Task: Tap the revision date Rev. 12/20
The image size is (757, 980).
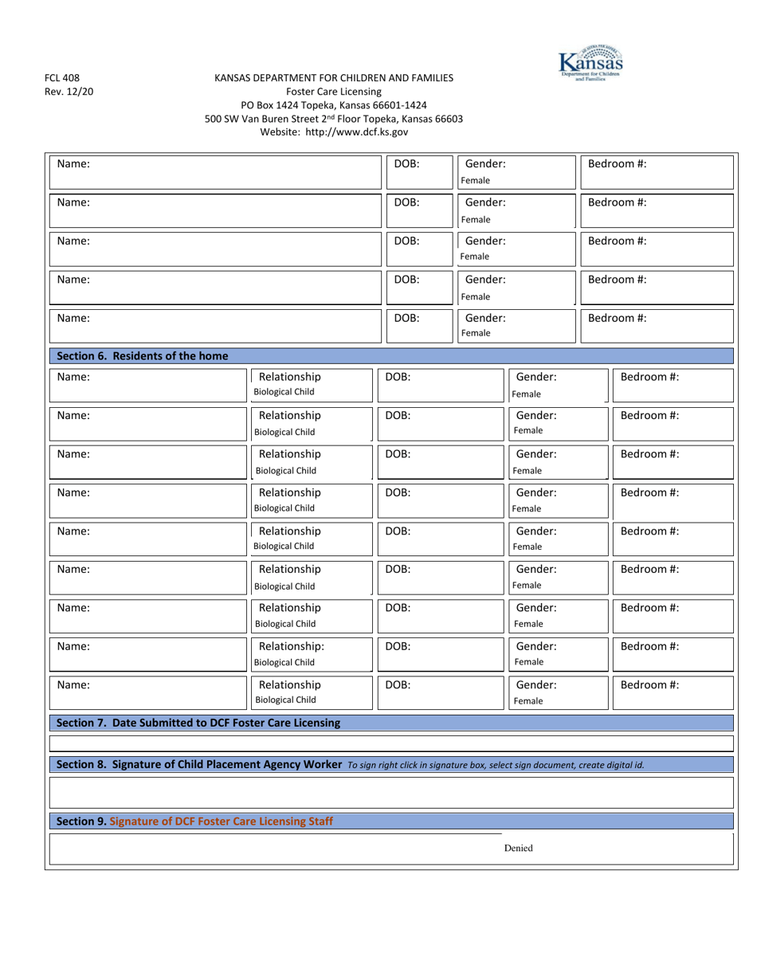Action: pyautogui.click(x=69, y=91)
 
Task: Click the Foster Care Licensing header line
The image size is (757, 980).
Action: pyautogui.click(x=334, y=91)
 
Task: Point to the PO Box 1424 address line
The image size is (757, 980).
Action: pyautogui.click(x=334, y=104)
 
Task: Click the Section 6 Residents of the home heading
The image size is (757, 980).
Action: pyautogui.click(x=143, y=355)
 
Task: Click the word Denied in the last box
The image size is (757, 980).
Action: pyautogui.click(x=518, y=849)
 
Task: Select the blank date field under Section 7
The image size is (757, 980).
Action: pyautogui.click(x=390, y=743)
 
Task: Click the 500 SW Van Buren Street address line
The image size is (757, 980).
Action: pyautogui.click(x=334, y=118)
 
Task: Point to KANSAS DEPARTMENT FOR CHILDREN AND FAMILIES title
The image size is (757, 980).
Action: pyautogui.click(x=334, y=78)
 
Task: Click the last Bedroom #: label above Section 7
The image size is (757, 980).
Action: pyautogui.click(x=649, y=684)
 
